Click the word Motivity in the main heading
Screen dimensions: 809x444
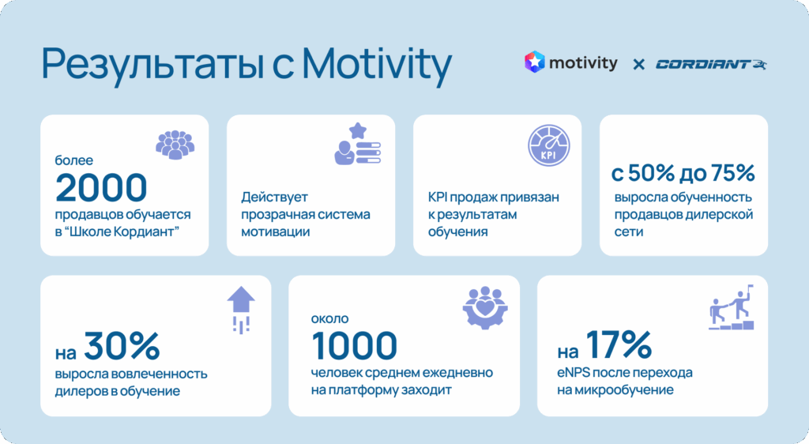coord(377,65)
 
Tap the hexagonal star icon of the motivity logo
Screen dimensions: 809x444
coord(535,62)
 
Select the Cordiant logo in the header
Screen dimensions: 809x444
coord(711,64)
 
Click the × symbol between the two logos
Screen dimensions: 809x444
coord(638,65)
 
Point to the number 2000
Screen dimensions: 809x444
coord(101,187)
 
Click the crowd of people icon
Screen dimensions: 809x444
coord(175,145)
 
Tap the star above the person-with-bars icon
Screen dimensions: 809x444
coord(358,130)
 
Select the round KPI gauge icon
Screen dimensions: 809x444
coord(549,145)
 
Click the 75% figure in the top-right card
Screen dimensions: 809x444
coord(732,173)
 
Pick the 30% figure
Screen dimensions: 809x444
coord(122,346)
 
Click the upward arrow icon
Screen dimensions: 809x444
coord(241,310)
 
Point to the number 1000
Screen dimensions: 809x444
coord(355,345)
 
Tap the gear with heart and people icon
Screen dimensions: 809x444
coord(485,308)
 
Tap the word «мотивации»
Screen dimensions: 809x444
coord(276,231)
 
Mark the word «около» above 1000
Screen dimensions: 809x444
coord(329,318)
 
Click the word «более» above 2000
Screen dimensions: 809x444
coord(74,160)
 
